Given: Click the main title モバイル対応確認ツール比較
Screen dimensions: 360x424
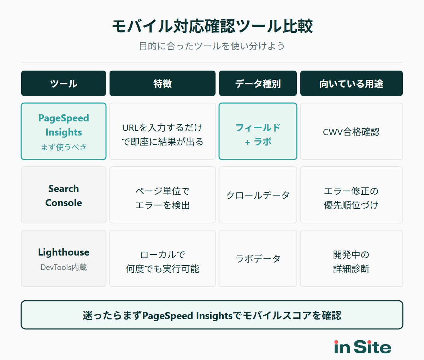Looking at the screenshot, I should click(x=212, y=26).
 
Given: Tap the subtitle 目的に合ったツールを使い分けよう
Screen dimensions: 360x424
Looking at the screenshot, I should click(x=212, y=46).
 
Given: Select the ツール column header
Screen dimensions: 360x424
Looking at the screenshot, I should click(x=64, y=84).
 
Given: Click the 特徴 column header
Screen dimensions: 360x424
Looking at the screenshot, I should click(x=163, y=84).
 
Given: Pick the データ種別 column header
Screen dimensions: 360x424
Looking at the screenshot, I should click(x=258, y=84).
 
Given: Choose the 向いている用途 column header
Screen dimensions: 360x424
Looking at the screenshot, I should click(x=351, y=84).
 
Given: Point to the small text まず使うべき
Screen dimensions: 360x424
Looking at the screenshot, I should click(x=64, y=147).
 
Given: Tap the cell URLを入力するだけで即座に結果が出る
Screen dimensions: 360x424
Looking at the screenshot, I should click(x=163, y=134).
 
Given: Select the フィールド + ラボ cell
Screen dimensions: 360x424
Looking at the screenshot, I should click(x=258, y=134).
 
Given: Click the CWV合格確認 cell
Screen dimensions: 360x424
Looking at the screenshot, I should click(x=351, y=132).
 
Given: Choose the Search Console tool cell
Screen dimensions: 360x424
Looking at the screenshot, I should click(x=64, y=196).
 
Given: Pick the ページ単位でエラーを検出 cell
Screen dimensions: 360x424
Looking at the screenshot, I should click(x=163, y=198).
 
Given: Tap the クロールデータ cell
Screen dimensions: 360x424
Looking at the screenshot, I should click(x=258, y=195).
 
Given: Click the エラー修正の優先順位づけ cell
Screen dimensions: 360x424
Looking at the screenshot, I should click(x=351, y=198).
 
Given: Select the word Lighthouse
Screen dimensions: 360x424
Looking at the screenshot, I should click(x=64, y=252).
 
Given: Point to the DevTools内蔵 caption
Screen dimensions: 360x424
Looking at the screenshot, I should click(x=64, y=268).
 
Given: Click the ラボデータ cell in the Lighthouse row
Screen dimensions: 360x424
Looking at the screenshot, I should click(x=258, y=259).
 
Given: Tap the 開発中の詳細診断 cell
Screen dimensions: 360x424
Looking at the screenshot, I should click(x=351, y=262).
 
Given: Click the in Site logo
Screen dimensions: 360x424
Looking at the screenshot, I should click(x=363, y=347).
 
